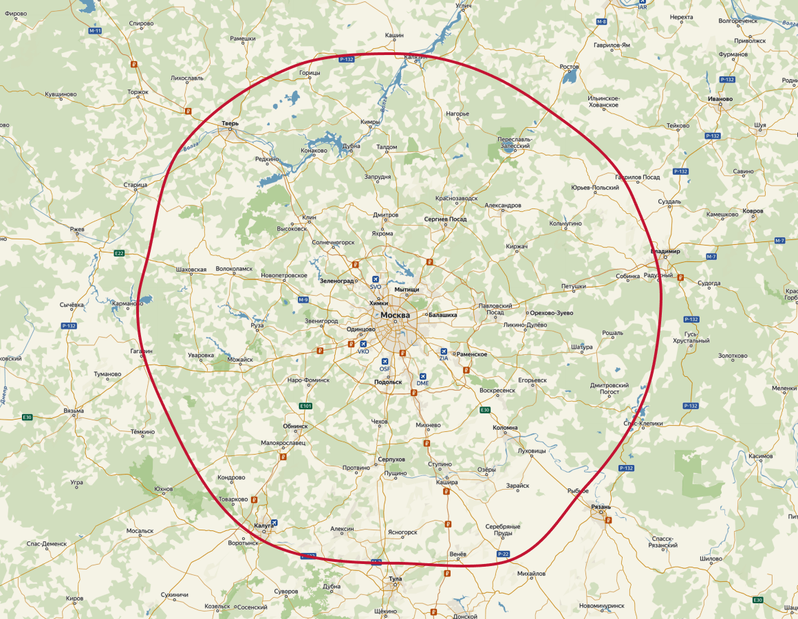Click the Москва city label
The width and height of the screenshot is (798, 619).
point(395,315)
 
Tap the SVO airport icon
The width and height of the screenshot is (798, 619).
point(376,279)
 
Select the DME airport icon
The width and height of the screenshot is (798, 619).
point(422,376)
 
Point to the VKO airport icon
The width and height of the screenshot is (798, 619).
point(363,344)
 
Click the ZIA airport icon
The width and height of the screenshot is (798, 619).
point(444,351)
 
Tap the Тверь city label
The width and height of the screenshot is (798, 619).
point(230,124)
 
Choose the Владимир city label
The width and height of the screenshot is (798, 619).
point(665,252)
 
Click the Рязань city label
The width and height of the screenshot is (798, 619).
point(601,506)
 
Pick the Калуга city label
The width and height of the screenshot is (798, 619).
point(264,525)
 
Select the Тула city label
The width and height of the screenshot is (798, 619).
point(395,579)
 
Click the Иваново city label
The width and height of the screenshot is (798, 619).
point(720,98)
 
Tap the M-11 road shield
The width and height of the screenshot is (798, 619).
point(95,32)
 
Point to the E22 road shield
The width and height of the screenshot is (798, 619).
point(120,253)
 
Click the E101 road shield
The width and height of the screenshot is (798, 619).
point(306,406)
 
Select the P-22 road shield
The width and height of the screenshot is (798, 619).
point(503,553)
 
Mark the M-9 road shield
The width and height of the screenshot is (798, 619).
point(303,300)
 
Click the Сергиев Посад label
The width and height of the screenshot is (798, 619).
point(445,219)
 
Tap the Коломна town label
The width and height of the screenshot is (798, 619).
point(505,428)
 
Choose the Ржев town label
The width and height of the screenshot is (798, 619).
point(76,228)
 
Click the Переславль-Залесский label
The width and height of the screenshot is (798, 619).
point(514,142)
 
